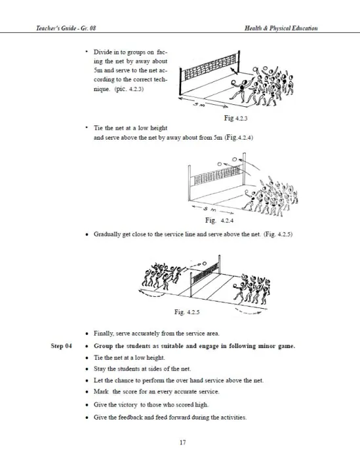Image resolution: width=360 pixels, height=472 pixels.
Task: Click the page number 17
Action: [183, 442]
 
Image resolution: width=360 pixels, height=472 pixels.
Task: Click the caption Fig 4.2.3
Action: [235, 118]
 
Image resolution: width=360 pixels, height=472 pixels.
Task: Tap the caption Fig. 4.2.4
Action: [219, 220]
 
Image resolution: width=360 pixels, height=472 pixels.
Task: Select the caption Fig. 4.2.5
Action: [187, 312]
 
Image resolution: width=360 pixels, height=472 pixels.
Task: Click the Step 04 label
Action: [62, 346]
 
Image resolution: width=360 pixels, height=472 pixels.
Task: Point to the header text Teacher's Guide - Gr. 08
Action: [66, 28]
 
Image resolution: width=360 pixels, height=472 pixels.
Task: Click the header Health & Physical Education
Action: [281, 28]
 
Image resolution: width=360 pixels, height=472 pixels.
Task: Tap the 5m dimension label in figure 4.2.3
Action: [199, 104]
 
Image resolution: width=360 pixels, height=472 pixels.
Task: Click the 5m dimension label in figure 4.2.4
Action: [209, 208]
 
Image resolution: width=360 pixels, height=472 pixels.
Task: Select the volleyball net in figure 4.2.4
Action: [217, 176]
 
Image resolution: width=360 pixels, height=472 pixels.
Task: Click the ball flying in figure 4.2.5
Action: [205, 264]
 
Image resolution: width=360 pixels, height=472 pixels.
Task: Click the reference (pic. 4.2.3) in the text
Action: [129, 89]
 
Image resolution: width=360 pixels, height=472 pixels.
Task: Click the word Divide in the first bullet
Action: [102, 52]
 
